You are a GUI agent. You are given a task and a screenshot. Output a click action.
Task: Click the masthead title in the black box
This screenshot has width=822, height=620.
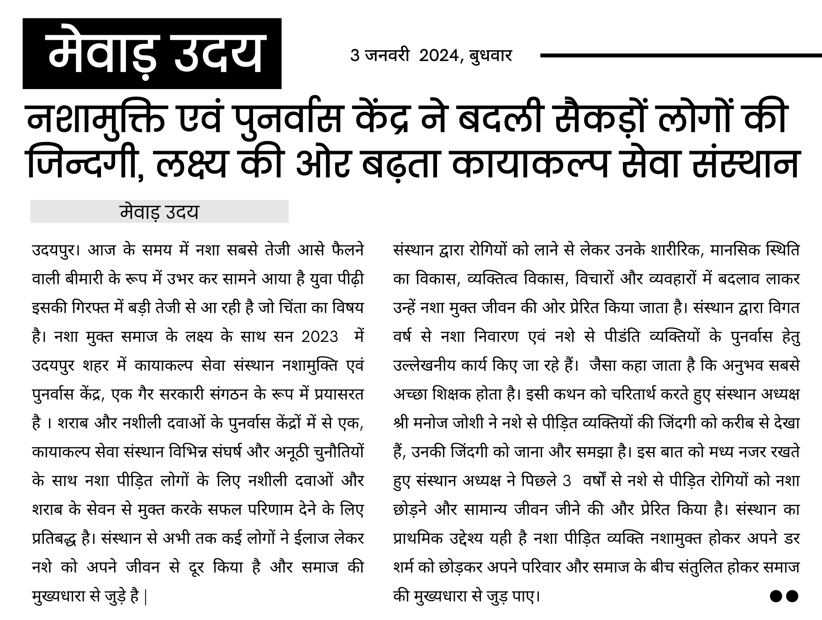(x=152, y=53)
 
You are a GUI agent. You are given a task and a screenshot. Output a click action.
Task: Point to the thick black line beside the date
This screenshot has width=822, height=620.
(x=680, y=56)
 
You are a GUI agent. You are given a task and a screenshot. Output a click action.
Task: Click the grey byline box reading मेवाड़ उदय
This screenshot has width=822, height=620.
(x=159, y=212)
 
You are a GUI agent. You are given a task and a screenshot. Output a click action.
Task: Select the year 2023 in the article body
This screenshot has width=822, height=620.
(x=320, y=337)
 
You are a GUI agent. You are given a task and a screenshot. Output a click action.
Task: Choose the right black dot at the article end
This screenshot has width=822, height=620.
(x=792, y=595)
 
